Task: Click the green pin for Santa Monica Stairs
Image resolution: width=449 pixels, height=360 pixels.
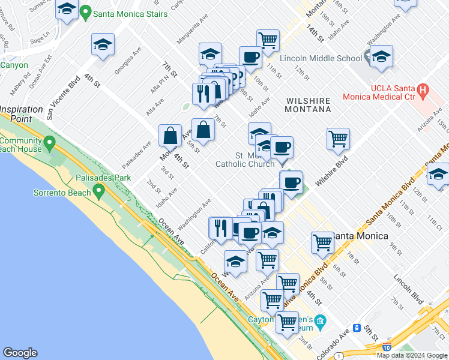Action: tap(86, 11)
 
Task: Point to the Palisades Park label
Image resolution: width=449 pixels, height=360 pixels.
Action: tap(103, 178)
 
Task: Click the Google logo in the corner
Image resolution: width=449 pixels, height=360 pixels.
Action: tap(20, 353)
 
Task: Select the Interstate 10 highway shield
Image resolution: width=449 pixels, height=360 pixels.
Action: tap(385, 347)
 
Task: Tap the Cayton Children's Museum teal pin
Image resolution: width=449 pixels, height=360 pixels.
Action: tap(320, 322)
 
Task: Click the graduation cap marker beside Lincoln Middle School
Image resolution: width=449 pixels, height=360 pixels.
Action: tap(381, 57)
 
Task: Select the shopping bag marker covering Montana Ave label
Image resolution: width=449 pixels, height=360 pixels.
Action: tap(170, 136)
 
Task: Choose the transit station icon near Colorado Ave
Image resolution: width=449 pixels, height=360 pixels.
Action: tap(357, 328)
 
